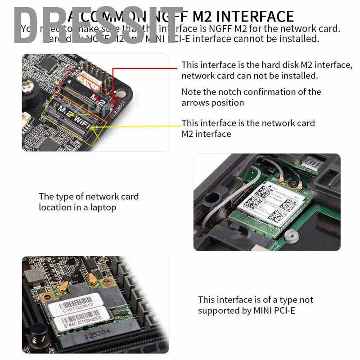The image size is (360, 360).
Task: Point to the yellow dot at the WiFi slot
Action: (92, 127)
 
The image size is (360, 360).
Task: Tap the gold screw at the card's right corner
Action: (107, 283)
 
